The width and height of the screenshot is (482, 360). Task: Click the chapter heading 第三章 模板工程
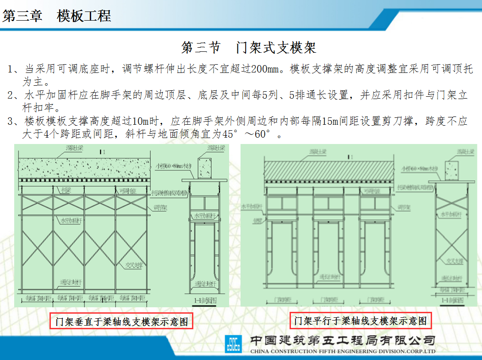click(57, 17)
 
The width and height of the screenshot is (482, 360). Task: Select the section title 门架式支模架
click(249, 47)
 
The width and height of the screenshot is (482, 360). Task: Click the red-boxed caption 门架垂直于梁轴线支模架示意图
click(121, 321)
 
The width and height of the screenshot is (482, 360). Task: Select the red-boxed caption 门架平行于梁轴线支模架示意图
click(361, 320)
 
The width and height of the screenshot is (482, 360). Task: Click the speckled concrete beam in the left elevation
click(85, 168)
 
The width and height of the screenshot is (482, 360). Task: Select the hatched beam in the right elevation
click(330, 172)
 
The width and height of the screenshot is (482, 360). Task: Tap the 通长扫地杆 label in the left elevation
click(68, 282)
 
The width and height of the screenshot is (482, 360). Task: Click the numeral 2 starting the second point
click(11, 96)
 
